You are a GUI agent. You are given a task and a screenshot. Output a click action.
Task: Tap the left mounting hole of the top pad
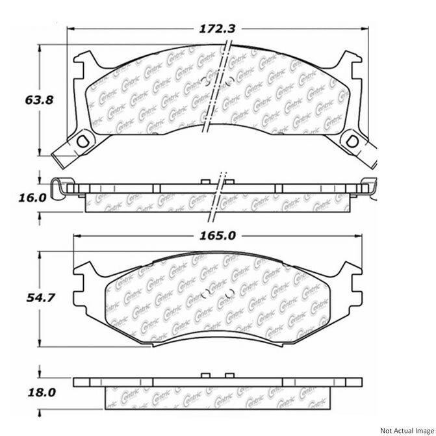click(x=82, y=139)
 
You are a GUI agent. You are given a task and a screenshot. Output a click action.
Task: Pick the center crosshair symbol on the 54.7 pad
click(x=209, y=290)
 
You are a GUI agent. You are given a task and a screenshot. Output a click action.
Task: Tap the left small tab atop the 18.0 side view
click(x=203, y=375)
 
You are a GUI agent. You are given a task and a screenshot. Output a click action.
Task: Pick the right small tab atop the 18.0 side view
click(x=229, y=375)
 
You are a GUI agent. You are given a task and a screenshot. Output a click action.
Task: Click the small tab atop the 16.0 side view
click(x=203, y=180)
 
